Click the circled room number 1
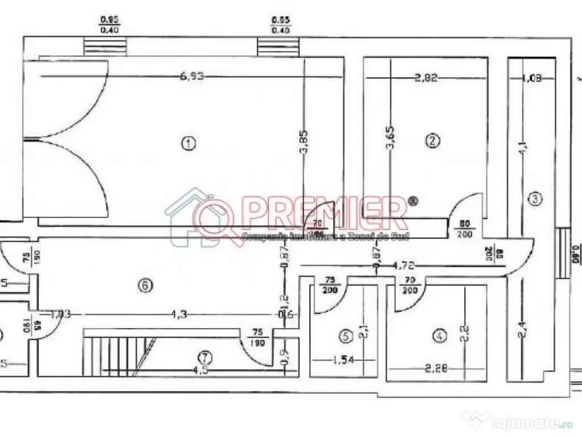(188, 144)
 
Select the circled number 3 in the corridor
(535, 199)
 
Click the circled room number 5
(344, 337)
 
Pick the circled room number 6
(145, 287)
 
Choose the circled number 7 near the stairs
(205, 357)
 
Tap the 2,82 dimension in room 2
(426, 78)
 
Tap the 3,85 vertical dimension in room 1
(306, 141)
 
